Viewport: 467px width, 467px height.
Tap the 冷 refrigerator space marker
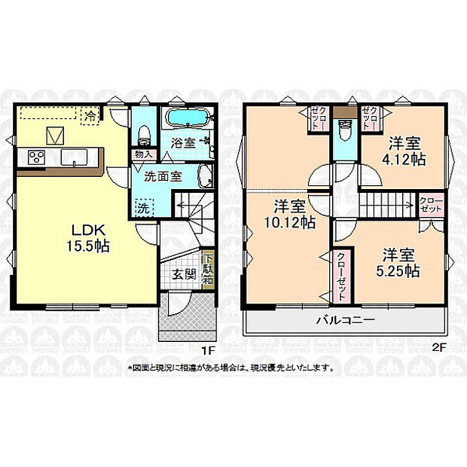[90, 116]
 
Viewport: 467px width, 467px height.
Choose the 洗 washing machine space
[143, 206]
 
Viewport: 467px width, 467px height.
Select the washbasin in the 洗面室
[203, 178]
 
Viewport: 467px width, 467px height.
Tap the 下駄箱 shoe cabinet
[208, 267]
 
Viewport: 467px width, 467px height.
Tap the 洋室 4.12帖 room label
[404, 150]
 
